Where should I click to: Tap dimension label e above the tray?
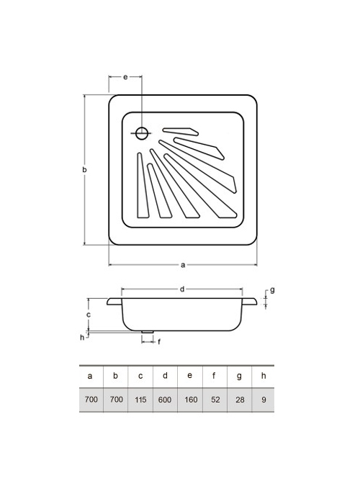[x=126, y=77]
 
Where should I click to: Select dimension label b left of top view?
[x=84, y=169]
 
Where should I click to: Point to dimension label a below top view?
[x=183, y=265]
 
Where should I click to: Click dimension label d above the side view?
[x=182, y=289]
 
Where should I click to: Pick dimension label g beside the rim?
[x=272, y=290]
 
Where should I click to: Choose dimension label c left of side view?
[x=89, y=315]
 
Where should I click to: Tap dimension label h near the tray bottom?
[x=82, y=337]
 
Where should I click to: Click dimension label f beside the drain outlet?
[x=159, y=342]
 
